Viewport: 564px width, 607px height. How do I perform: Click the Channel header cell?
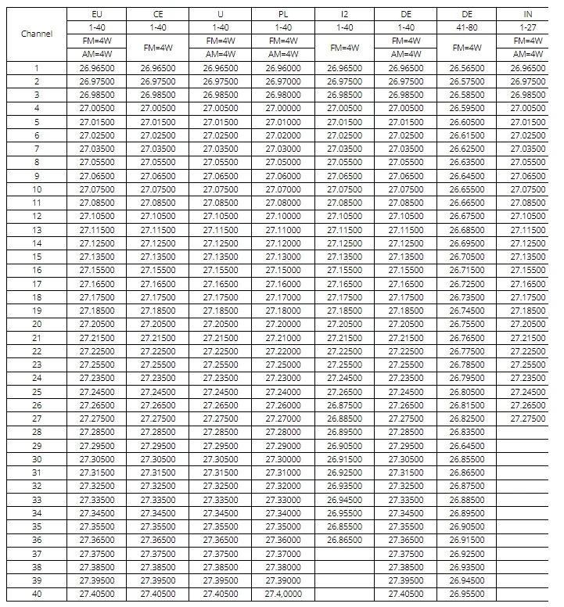[37, 34]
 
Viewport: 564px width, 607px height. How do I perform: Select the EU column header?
[97, 14]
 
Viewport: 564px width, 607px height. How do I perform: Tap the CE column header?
[159, 14]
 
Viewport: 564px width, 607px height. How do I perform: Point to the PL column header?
[283, 14]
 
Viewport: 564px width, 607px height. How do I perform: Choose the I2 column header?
[344, 14]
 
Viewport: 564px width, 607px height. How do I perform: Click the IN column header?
[528, 14]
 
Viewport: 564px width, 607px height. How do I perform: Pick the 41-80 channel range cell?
[467, 27]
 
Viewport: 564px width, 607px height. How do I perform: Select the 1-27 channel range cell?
[528, 27]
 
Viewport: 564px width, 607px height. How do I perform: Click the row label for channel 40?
[37, 594]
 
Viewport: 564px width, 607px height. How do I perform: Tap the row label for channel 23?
[37, 365]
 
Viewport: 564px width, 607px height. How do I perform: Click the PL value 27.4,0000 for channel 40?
[283, 594]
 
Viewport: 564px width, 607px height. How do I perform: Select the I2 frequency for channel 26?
[344, 405]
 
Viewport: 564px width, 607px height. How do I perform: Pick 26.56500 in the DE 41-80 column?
[467, 68]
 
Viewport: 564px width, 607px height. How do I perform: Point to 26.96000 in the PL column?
[283, 68]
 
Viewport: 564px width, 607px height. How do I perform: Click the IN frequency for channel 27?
[528, 418]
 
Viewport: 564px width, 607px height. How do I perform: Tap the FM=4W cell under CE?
[159, 48]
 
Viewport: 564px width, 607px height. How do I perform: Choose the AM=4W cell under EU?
[97, 54]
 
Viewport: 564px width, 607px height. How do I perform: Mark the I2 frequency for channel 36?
[344, 540]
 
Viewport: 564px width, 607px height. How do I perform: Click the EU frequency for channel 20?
[97, 324]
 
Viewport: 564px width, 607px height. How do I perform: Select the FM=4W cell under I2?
[344, 48]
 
